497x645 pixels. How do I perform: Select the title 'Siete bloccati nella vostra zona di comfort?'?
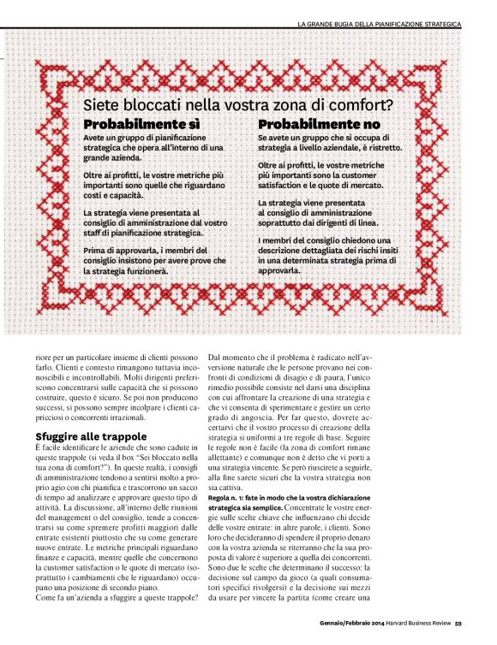tap(243, 105)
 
